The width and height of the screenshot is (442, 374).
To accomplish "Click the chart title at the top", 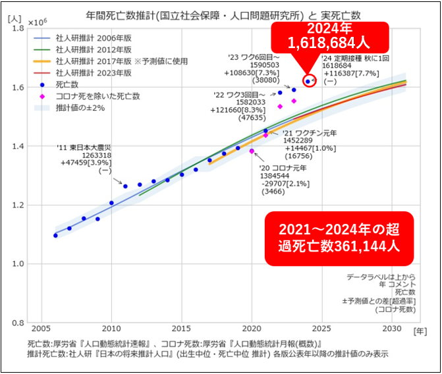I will click(215, 14).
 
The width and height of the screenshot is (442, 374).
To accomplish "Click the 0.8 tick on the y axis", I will click(18, 323).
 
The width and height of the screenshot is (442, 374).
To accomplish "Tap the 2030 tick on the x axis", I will click(392, 329).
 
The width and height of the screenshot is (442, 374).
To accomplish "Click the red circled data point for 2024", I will click(308, 81).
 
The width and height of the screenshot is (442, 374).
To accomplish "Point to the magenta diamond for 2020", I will click(252, 151).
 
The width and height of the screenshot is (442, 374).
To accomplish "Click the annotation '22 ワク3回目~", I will click(238, 95).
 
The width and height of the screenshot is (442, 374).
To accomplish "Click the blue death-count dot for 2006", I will click(55, 235).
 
